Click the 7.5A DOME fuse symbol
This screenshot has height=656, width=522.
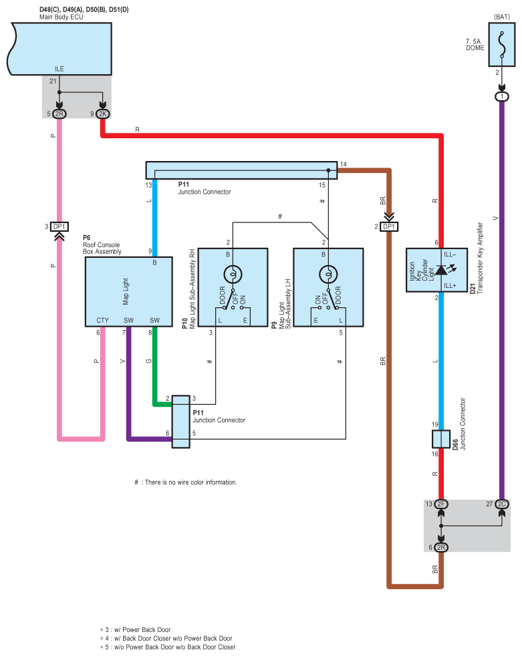501,44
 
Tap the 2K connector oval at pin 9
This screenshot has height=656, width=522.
102,114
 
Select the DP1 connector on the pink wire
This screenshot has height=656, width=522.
59,226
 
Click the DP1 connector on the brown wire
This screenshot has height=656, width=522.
389,226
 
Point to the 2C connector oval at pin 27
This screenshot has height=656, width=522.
502,504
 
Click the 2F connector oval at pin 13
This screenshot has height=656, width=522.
440,504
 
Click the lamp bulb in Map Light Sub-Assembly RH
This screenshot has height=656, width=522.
233,275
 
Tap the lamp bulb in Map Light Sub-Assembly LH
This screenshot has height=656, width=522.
328,275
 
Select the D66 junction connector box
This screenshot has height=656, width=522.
440,439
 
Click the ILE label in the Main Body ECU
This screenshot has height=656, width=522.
59,69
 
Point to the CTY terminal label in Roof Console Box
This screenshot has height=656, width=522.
102,321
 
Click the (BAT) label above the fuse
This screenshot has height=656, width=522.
502,17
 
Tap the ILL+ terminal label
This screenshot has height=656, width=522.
450,286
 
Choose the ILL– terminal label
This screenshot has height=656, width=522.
450,255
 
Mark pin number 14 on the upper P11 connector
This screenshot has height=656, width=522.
344,164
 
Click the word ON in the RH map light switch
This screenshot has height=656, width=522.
243,299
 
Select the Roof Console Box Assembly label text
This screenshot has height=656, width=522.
102,248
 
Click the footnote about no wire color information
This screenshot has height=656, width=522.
185,482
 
